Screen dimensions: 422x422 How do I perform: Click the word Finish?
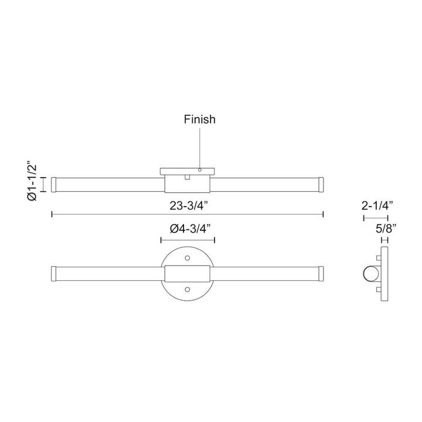(199, 120)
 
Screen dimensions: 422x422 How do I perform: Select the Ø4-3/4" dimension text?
(188, 229)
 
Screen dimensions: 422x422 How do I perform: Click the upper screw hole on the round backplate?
(188, 258)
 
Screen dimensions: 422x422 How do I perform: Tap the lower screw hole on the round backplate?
(188, 289)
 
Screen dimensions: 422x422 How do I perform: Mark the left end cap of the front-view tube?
(54, 273)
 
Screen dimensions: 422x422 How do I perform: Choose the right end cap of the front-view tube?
(321, 273)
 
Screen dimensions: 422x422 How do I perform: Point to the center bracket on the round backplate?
(188, 273)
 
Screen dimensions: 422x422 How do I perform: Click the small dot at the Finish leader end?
(200, 170)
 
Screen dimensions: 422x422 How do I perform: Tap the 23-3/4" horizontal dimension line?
(117, 215)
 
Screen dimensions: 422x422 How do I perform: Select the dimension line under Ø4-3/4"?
(188, 239)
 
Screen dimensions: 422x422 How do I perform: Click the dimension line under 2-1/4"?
(376, 218)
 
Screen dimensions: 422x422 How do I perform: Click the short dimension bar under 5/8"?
(385, 239)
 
